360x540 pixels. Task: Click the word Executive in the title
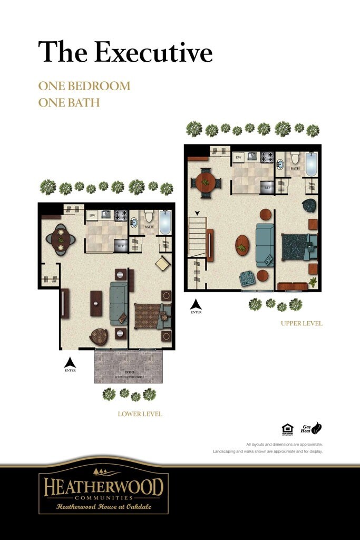click(153, 52)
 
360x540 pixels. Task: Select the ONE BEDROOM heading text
click(84, 86)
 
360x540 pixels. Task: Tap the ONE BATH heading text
click(69, 102)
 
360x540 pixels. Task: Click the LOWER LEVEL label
click(140, 414)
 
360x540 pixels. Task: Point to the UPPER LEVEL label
click(301, 323)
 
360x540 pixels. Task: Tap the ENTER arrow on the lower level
click(70, 363)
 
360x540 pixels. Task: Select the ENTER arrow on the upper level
click(196, 305)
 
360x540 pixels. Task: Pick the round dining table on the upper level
click(206, 182)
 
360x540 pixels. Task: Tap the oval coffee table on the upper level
click(242, 245)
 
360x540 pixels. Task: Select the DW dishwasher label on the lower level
click(92, 215)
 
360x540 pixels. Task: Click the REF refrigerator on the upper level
click(267, 186)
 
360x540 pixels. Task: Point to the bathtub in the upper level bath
click(312, 164)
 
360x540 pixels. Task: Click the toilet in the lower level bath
click(149, 216)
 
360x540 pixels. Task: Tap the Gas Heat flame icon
click(317, 428)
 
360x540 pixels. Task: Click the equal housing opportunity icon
click(287, 429)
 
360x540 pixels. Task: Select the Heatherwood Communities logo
click(103, 491)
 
